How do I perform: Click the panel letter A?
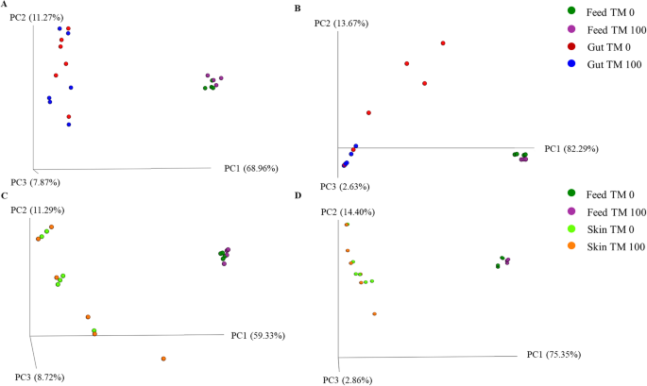click(6, 6)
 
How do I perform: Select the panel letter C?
click(6, 195)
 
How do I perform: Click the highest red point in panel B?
click(442, 43)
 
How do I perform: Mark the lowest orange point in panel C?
click(163, 359)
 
